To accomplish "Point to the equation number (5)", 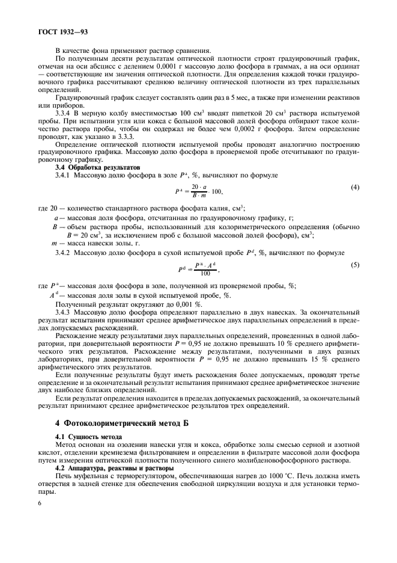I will coord(355,265).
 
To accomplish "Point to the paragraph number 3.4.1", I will coord(64,174).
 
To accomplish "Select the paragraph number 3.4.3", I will coord(64,313).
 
